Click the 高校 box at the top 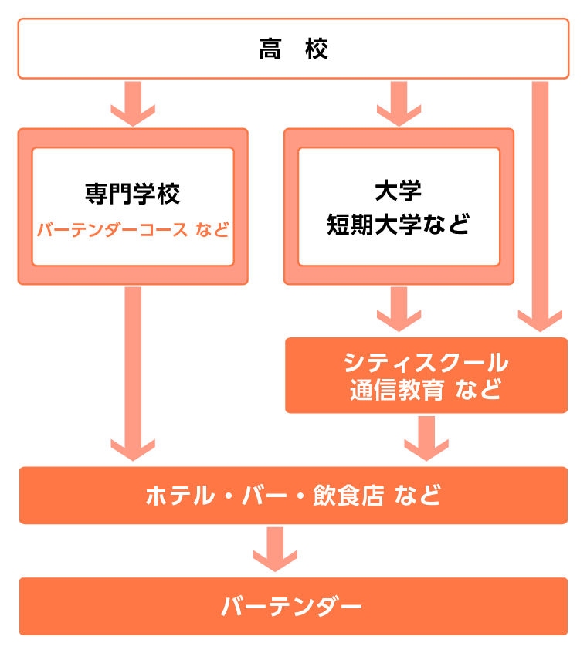click(293, 49)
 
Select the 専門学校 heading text click(132, 193)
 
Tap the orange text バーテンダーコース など click(133, 230)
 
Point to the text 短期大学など click(398, 225)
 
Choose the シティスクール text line click(426, 362)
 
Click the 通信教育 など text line click(426, 390)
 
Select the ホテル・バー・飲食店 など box click(293, 495)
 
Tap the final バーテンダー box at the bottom click(293, 607)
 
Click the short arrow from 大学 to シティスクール click(399, 309)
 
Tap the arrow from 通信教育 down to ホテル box click(426, 437)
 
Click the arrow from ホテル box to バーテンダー click(275, 549)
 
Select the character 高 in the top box click(270, 49)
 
